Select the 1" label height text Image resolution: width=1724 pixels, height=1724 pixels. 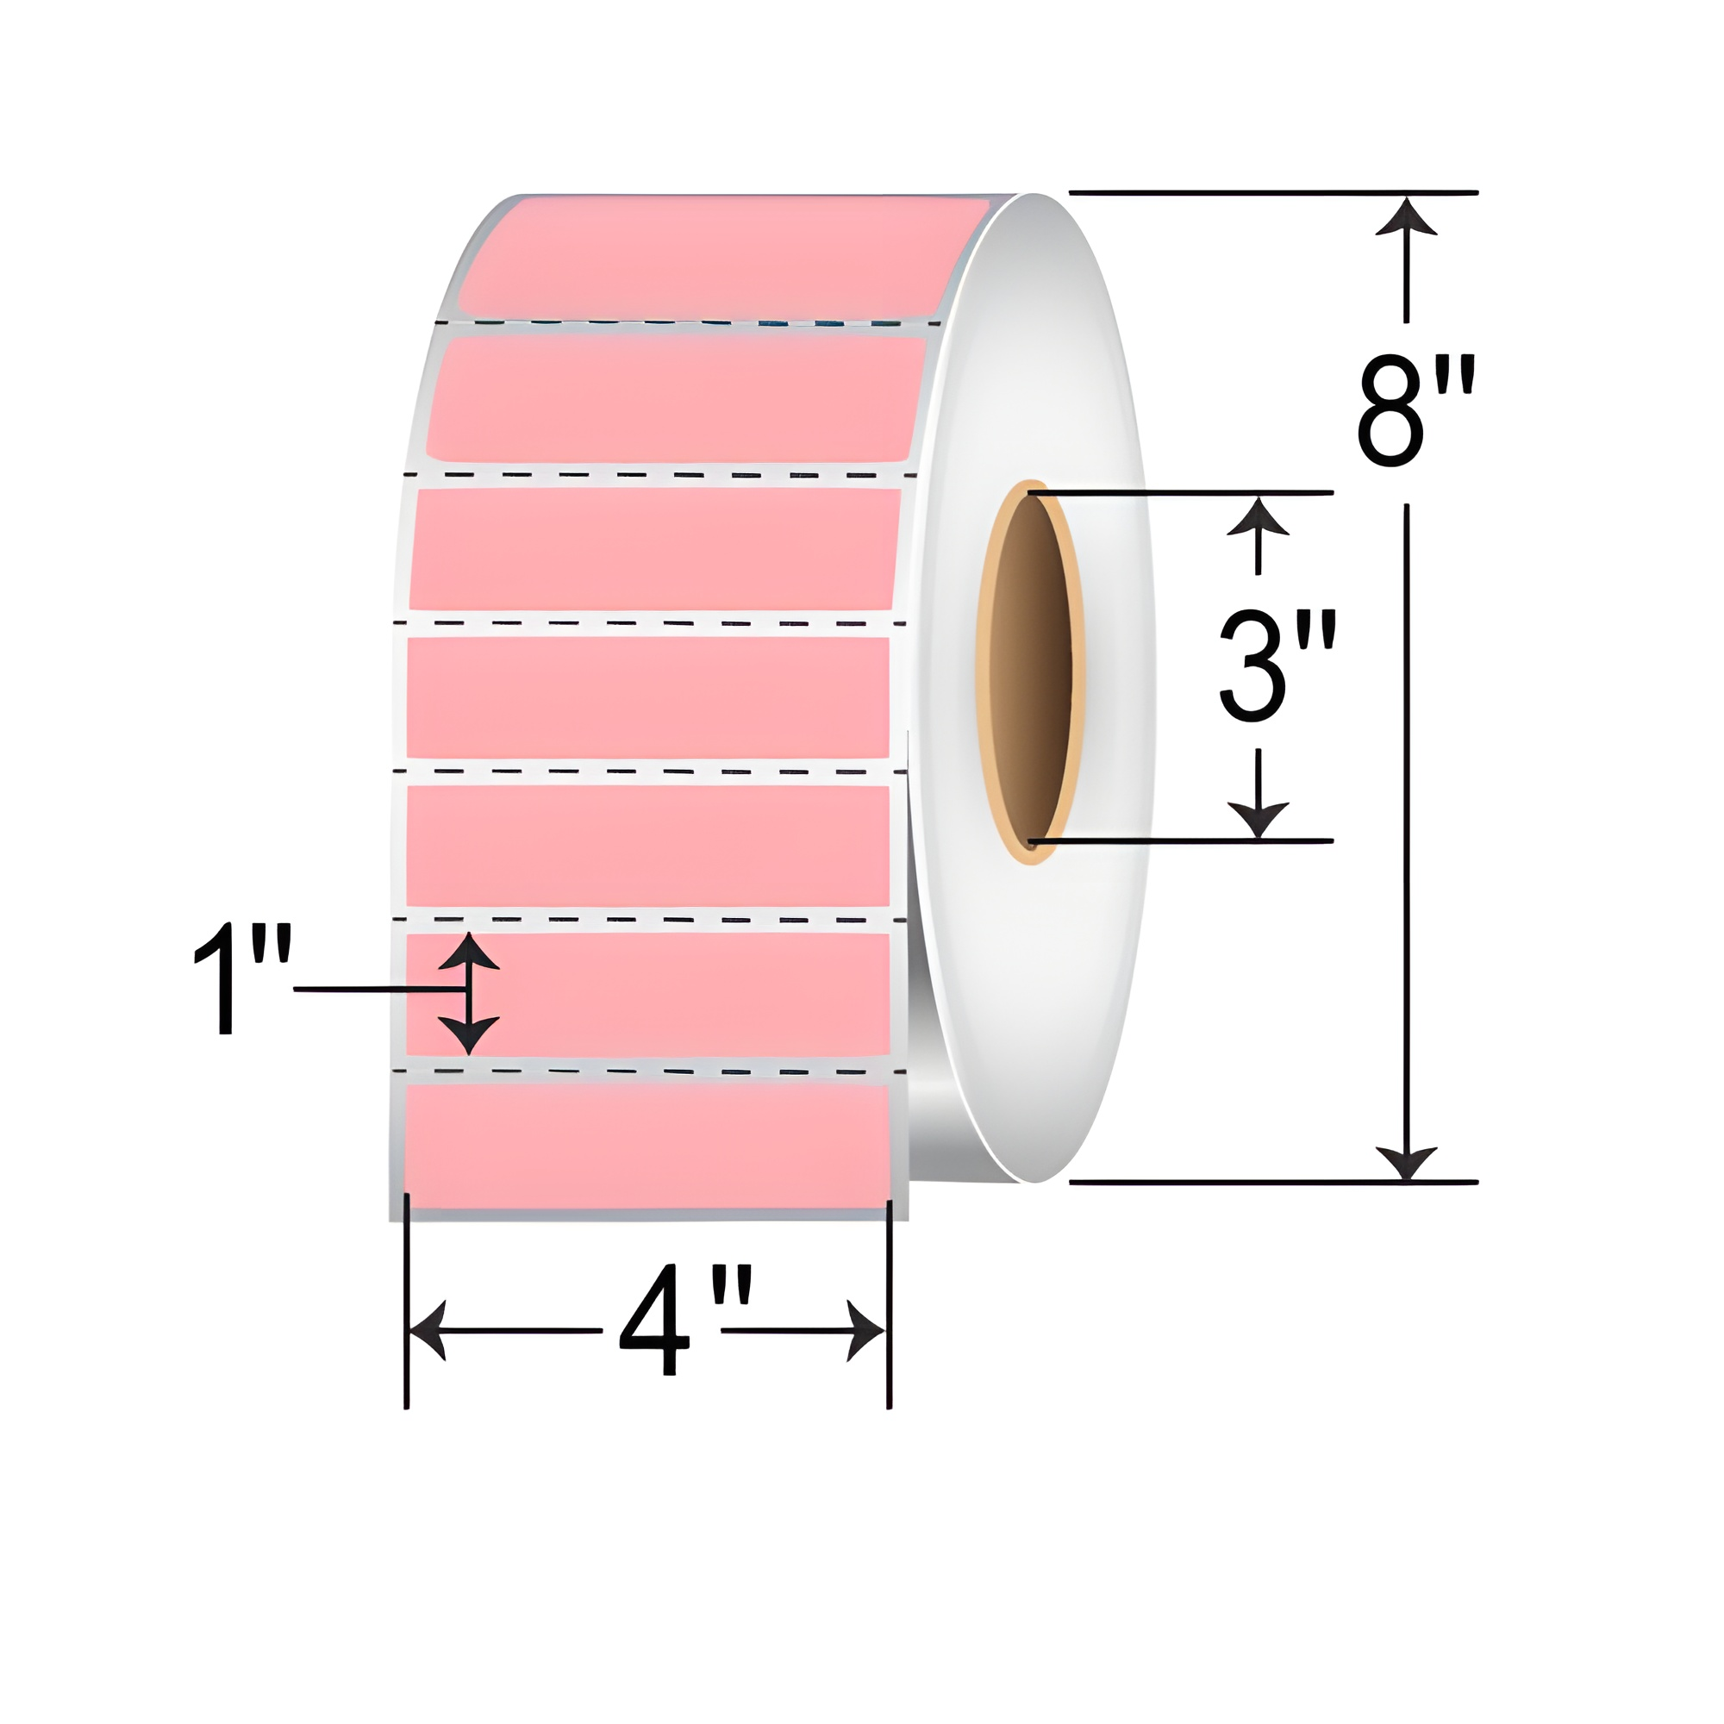click(243, 983)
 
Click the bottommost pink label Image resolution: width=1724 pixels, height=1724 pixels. click(647, 1146)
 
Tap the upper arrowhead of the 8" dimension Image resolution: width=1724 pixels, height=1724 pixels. click(1406, 217)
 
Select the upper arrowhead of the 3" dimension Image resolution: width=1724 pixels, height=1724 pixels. click(1259, 516)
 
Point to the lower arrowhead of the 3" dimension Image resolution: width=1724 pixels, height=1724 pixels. click(1259, 818)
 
